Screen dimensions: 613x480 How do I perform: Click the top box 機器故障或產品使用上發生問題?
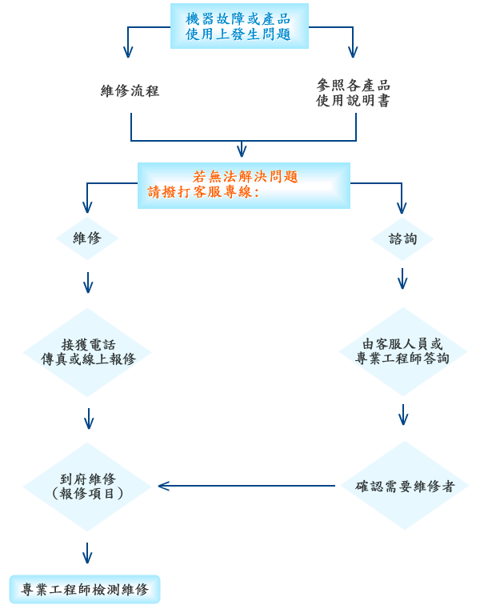click(238, 26)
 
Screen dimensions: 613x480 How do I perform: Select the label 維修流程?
click(130, 91)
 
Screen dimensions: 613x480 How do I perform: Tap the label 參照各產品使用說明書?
click(353, 93)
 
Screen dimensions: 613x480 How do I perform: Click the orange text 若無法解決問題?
click(246, 177)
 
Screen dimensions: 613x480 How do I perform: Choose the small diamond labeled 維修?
click(87, 238)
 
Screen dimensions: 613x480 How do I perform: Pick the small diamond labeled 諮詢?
click(402, 238)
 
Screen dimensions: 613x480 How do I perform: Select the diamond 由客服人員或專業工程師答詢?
click(402, 351)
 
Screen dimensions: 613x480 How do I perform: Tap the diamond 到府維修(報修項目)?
click(87, 487)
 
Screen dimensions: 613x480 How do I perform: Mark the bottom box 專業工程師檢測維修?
click(85, 590)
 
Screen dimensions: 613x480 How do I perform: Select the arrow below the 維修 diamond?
click(88, 282)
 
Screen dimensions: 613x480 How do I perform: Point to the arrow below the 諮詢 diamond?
click(402, 278)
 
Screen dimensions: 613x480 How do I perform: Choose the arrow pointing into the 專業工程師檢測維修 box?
click(87, 554)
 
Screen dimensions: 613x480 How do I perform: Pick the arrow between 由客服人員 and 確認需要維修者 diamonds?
click(403, 415)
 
